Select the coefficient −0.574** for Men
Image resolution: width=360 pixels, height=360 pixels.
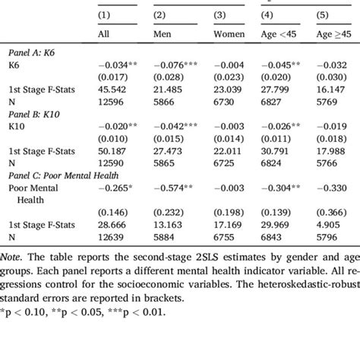coord(175,190)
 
